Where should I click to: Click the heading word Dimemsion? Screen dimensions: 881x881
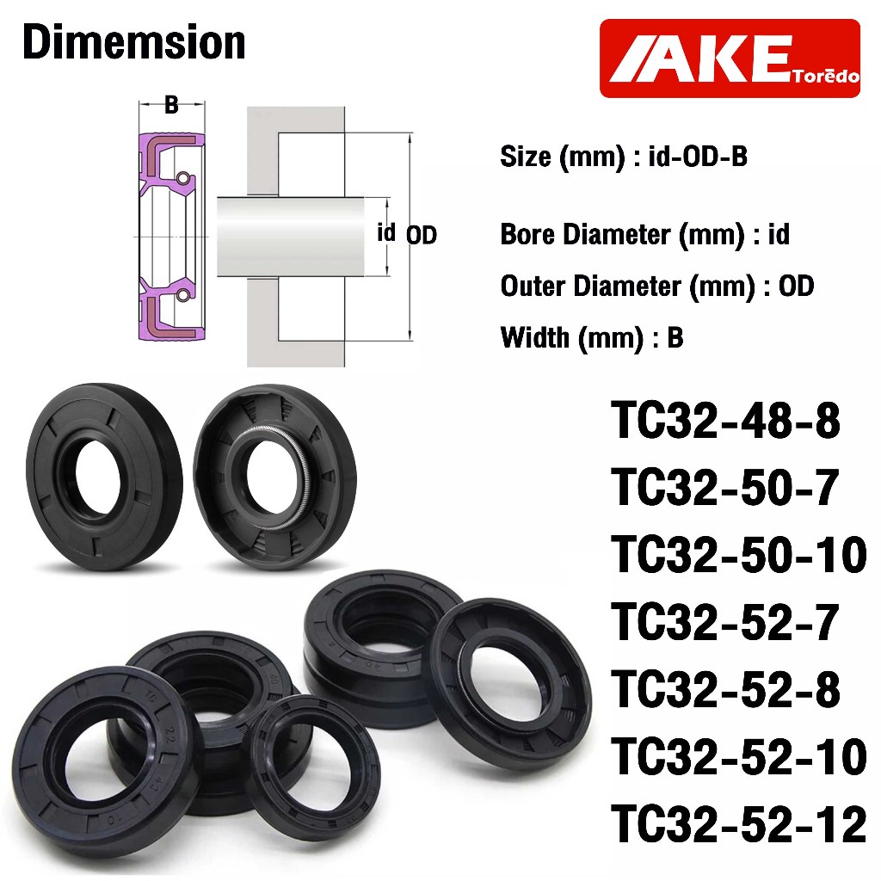(x=134, y=43)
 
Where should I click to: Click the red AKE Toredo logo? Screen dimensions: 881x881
(x=730, y=59)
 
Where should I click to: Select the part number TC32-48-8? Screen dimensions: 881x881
(x=725, y=420)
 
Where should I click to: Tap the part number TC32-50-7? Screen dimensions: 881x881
(x=725, y=487)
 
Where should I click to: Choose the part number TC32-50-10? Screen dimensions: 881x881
(x=739, y=555)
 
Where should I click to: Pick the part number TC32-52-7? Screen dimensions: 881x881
(x=725, y=622)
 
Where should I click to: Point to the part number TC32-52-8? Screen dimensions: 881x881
(x=725, y=689)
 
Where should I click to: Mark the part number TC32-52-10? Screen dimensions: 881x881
(x=739, y=757)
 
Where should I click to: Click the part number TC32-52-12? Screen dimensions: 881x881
(x=739, y=824)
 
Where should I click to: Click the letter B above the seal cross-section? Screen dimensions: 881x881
(x=171, y=104)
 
